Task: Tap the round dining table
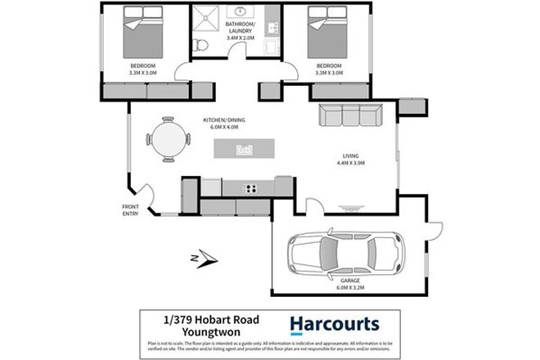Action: pos(167,138)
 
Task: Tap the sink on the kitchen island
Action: pos(244,150)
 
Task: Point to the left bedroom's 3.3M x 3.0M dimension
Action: pos(142,72)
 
